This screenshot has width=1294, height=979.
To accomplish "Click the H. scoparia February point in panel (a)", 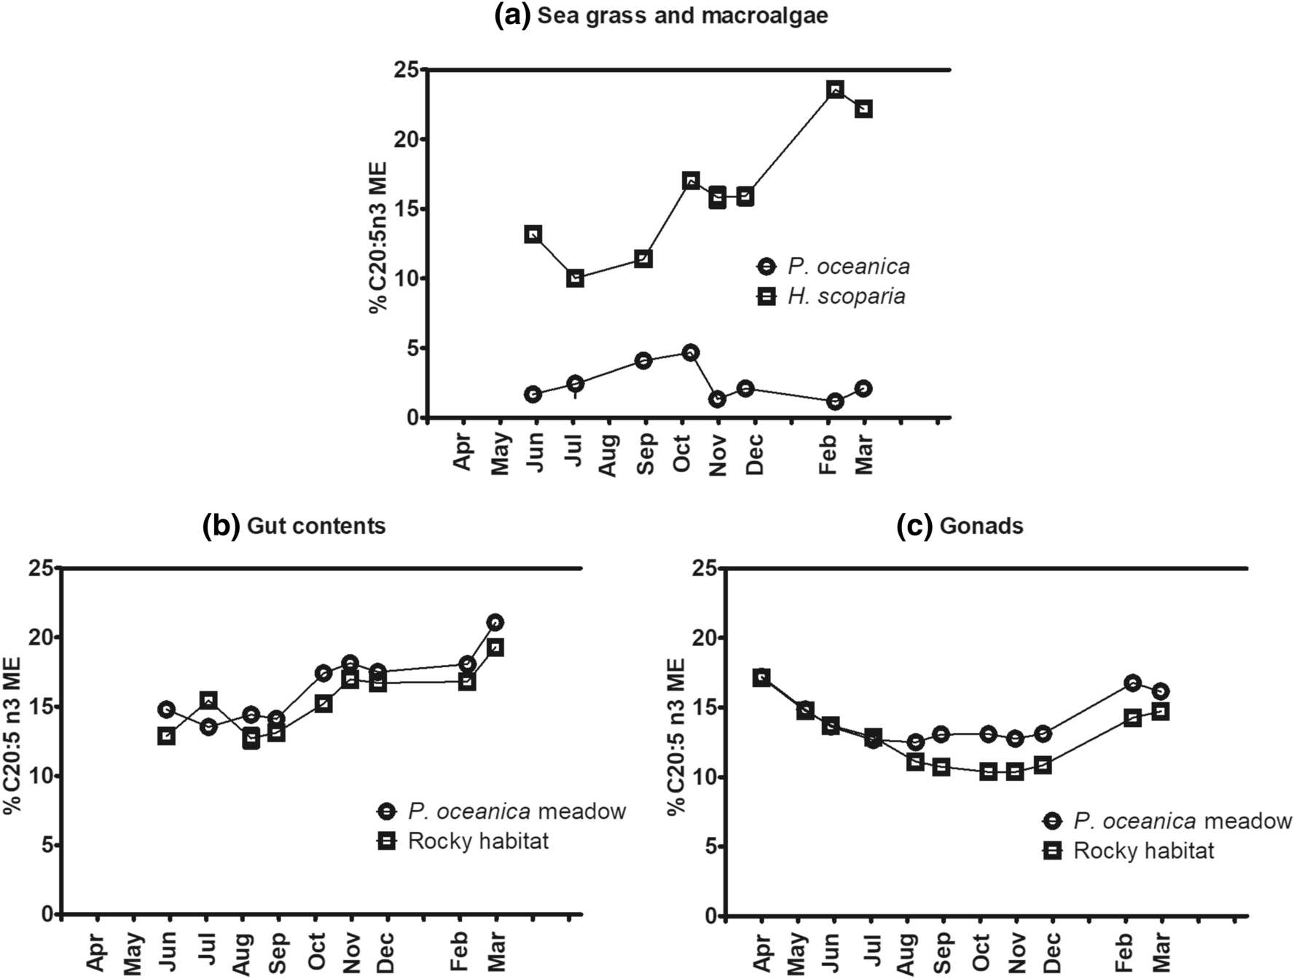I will [835, 90].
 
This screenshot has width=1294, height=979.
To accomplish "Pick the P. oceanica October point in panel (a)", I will [690, 353].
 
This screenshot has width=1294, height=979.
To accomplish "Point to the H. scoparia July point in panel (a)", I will [575, 278].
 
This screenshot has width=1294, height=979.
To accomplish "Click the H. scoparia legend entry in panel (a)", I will [845, 296].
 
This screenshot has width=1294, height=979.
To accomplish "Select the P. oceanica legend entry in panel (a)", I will [848, 267].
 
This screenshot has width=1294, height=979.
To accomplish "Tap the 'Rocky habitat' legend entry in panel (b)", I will [477, 841].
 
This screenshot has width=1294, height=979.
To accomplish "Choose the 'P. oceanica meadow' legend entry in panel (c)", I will [1181, 822].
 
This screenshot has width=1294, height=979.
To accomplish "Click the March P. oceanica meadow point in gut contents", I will [495, 622].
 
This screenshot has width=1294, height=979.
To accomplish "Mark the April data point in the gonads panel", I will [761, 677].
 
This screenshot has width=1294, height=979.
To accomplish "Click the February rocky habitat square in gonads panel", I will [1132, 717].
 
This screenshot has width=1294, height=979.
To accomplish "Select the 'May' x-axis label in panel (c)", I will [798, 951].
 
